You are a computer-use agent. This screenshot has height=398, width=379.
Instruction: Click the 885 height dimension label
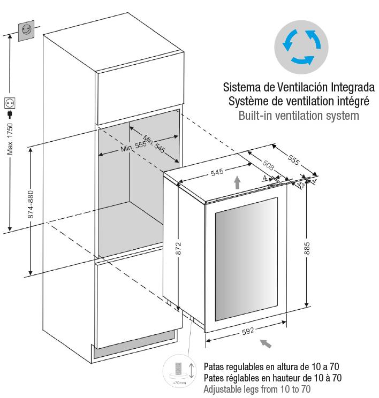307,248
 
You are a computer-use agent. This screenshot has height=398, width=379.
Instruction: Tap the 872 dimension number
178,248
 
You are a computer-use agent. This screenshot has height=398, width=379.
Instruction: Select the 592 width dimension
248,331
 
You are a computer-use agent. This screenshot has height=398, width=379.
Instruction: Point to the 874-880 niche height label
30,204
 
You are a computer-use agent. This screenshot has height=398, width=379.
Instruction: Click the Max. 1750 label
10,139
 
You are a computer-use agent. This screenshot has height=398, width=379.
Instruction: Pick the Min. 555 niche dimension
133,147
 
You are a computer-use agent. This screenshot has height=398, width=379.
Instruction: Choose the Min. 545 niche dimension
154,144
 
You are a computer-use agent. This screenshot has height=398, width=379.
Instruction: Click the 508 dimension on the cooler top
268,165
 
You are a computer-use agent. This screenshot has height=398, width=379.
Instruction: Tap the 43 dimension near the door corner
301,185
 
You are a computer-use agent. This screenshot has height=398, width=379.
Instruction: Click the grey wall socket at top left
26,30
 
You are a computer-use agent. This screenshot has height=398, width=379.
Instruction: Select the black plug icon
10,114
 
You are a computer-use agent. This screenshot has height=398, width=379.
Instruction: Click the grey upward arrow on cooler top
237,182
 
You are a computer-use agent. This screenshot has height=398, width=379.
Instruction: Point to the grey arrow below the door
266,343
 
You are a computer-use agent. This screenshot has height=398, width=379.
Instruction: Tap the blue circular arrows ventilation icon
301,47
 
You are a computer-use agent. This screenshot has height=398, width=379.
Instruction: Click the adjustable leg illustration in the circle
179,371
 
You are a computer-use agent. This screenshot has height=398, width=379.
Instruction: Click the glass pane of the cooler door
246,259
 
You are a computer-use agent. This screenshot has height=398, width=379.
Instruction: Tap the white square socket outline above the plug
10,103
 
